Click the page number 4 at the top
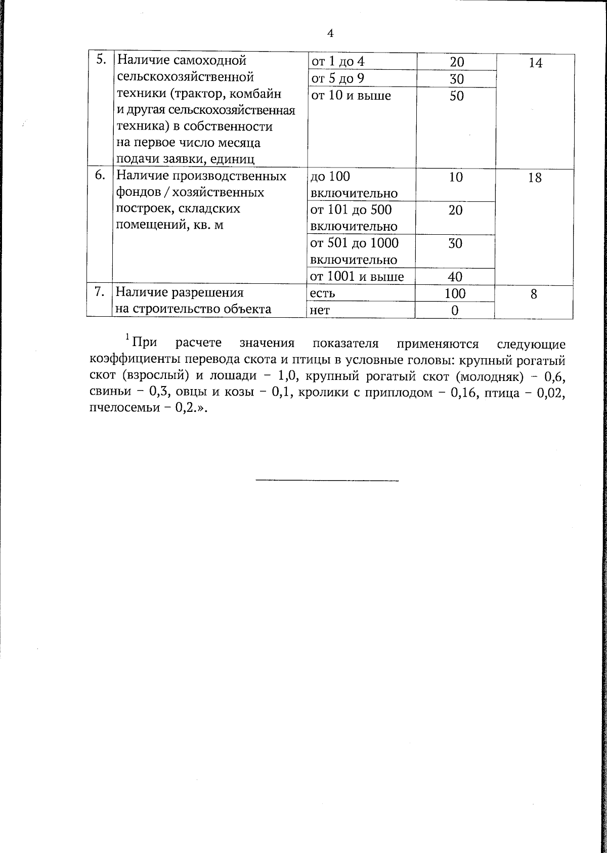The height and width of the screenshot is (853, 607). click(330, 33)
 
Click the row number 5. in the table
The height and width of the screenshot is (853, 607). click(101, 60)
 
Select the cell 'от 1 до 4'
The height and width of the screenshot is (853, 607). click(338, 62)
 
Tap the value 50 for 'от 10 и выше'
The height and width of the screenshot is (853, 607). click(456, 96)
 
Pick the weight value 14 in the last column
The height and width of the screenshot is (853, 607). click(535, 63)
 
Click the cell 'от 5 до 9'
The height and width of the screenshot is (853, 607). click(338, 79)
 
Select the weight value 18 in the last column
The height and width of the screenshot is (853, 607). click(534, 178)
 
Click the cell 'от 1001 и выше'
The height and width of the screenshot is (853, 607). click(357, 277)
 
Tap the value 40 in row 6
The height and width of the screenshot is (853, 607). click(455, 277)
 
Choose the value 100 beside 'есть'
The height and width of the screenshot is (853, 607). click(455, 293)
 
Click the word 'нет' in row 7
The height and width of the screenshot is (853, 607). click(320, 310)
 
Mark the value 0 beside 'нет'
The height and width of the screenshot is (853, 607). click(455, 310)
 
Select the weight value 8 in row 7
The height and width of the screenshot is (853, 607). click(534, 294)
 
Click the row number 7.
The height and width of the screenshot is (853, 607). click(100, 292)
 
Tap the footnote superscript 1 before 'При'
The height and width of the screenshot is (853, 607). click(127, 337)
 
